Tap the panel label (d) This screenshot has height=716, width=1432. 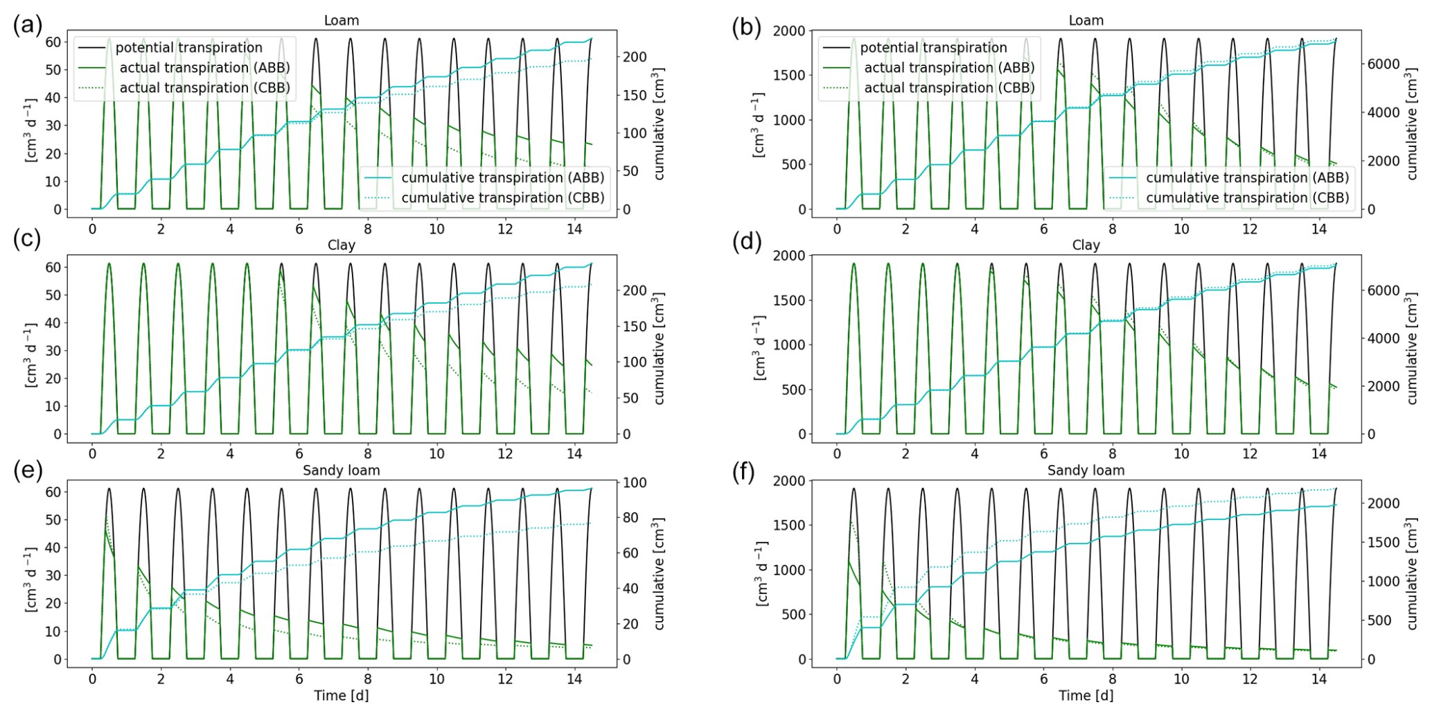[x=746, y=242]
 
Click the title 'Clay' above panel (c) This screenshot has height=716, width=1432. [x=341, y=245]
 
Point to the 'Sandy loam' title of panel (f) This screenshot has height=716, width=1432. [x=1086, y=471]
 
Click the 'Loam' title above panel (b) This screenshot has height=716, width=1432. [x=1086, y=21]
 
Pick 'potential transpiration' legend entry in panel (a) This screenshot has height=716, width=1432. [x=188, y=48]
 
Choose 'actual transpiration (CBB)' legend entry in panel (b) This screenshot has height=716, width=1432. [x=949, y=88]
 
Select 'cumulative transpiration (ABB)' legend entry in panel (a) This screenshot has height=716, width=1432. [x=502, y=178]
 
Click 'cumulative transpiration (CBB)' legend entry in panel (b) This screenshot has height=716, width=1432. [x=1247, y=198]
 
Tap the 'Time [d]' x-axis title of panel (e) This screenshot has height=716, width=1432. [x=341, y=695]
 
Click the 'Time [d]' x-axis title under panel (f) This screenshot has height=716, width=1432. [x=1086, y=695]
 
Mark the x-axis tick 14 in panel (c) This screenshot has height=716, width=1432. [x=574, y=453]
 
